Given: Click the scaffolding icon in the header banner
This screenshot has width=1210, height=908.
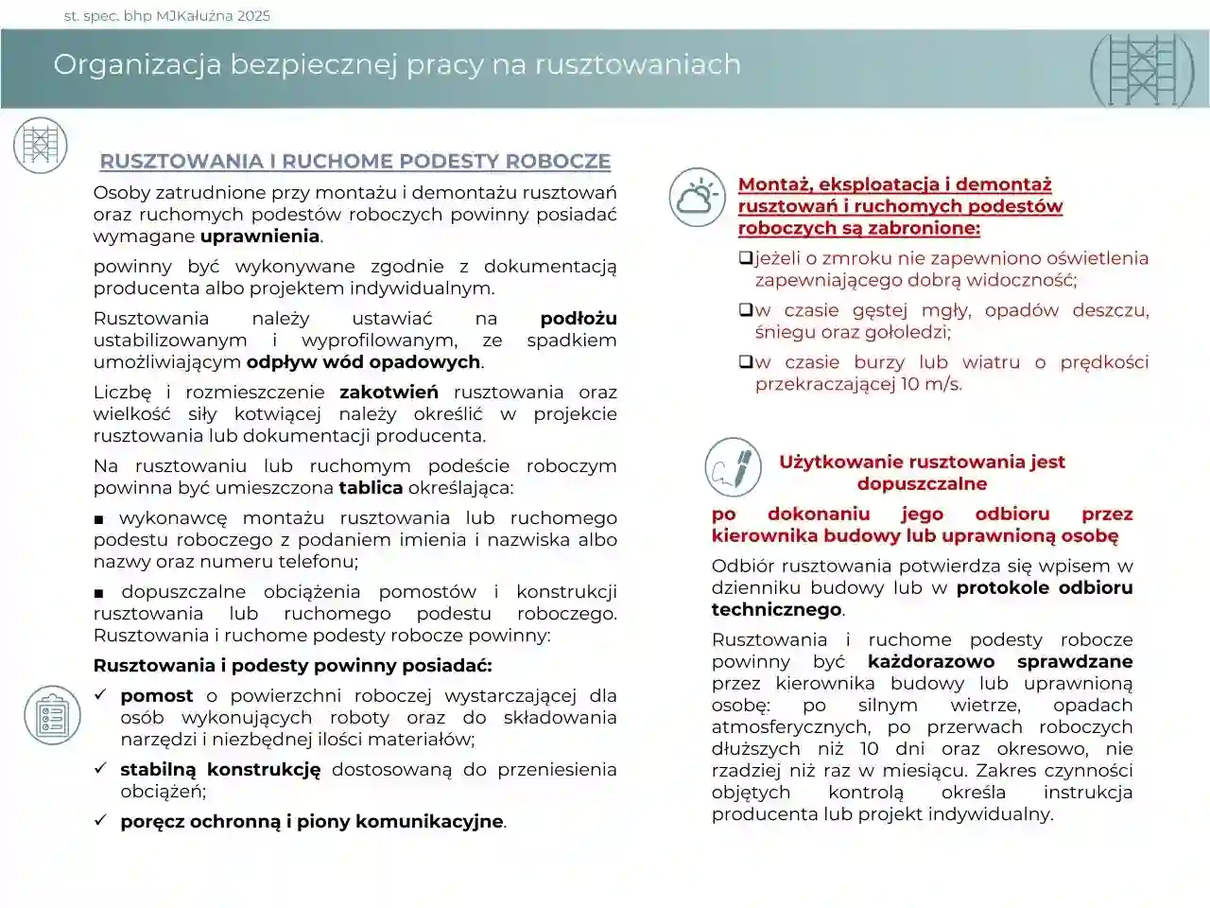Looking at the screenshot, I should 1142,70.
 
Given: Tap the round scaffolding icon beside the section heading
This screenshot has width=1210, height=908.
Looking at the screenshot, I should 41,145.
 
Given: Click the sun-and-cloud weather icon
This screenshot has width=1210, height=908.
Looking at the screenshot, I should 698,198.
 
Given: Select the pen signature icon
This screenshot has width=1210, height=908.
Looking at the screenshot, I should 733,467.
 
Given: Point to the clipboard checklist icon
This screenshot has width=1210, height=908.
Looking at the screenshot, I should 53,714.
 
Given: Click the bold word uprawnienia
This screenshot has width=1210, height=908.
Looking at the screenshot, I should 260,236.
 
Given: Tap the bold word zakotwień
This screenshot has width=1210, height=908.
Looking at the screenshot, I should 389,392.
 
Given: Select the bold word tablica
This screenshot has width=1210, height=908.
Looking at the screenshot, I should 371,488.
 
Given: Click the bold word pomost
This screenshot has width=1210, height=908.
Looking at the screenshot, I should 156,696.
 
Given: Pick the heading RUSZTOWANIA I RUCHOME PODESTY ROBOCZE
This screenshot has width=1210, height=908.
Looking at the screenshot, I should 355,162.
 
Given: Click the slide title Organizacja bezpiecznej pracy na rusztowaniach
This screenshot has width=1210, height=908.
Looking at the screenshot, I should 397,64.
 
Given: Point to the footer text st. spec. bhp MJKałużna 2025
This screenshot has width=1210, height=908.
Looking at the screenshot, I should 166,15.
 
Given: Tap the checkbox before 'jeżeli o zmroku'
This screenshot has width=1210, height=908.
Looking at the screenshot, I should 745,258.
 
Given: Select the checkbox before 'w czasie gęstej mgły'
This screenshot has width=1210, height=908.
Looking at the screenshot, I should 745,310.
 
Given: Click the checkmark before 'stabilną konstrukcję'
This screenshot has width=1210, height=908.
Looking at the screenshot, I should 100,769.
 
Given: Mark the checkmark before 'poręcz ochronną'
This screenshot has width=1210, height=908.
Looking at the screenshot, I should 100,820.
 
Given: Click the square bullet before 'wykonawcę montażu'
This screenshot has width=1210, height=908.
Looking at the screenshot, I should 99,519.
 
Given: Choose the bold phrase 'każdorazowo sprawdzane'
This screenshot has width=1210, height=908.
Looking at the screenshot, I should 1000,662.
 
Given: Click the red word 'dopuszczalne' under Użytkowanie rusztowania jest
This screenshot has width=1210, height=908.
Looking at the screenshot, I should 922,484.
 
